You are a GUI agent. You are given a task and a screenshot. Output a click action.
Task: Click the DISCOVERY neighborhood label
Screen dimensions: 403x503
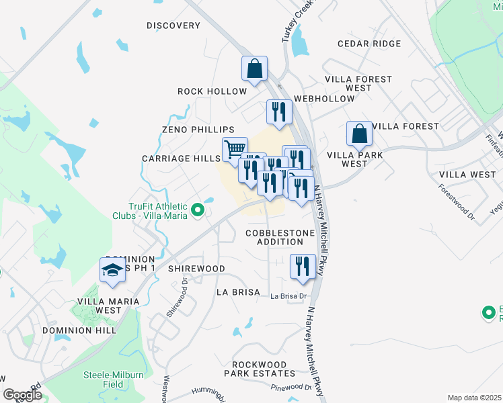coord(173,26)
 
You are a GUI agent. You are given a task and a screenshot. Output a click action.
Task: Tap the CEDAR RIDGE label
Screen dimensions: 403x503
coord(369,44)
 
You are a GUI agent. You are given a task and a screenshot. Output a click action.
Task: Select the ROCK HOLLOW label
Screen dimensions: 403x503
coord(208,91)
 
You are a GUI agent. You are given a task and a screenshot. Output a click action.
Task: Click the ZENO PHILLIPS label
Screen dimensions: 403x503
coord(198,129)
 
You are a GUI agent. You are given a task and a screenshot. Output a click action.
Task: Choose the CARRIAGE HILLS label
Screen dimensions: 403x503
coord(181,159)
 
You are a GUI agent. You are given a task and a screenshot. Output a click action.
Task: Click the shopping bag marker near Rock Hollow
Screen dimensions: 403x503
coord(255,68)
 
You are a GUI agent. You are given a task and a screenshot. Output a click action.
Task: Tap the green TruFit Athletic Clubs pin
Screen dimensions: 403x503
coord(198,211)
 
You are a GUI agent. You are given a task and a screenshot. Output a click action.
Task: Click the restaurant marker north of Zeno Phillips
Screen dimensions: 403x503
coord(279,111)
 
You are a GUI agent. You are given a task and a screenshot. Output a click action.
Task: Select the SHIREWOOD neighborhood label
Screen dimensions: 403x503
coord(196,269)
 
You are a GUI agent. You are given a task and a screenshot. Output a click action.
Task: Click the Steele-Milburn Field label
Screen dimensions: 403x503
coord(104,379)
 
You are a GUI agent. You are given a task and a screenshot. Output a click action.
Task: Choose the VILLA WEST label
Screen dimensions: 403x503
coord(467,175)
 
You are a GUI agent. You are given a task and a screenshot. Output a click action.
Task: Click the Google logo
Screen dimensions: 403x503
coord(22,395)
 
